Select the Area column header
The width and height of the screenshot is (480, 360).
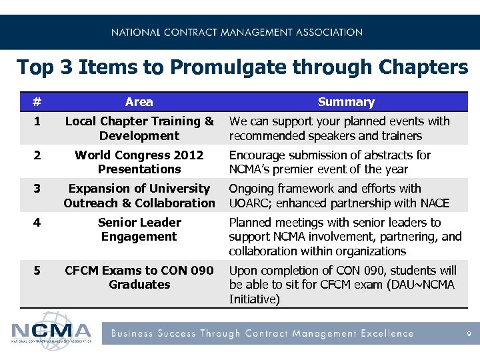[139, 102]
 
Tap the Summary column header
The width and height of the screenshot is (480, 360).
[346, 102]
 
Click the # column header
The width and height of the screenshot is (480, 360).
[37, 102]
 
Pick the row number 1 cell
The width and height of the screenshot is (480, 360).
[37, 121]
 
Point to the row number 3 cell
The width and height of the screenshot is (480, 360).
[37, 189]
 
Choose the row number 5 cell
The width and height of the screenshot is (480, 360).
[37, 271]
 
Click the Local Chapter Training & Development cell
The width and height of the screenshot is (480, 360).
[139, 129]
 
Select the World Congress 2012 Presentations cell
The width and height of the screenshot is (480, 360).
[139, 162]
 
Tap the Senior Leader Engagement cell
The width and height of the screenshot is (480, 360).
[139, 229]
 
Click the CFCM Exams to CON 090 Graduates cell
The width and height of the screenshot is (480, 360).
[139, 277]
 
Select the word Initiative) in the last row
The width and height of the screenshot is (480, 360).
[254, 299]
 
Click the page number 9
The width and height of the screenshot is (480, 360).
[469, 334]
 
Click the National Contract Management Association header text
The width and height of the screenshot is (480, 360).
[237, 32]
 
